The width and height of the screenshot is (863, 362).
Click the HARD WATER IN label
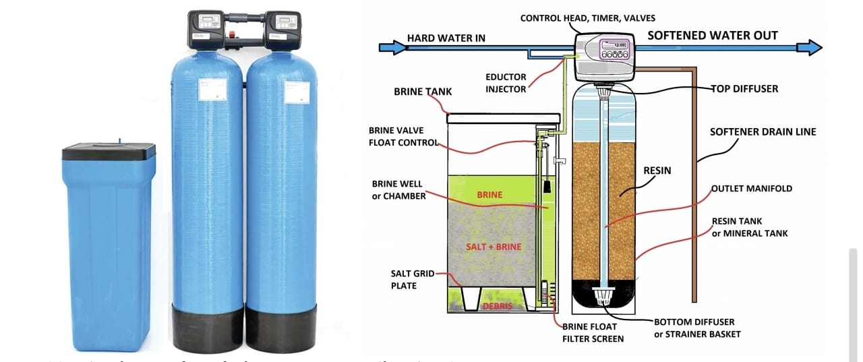(x=446, y=38)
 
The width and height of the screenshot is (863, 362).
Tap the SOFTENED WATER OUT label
(x=712, y=36)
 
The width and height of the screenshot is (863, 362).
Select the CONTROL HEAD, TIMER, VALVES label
(x=587, y=18)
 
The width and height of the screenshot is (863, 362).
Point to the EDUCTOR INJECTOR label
(x=506, y=84)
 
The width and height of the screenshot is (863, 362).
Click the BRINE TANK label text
(x=423, y=92)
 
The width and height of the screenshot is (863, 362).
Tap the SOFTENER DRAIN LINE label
(x=763, y=132)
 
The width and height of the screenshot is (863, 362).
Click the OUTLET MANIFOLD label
(x=752, y=189)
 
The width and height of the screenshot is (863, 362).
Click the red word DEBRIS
(x=498, y=307)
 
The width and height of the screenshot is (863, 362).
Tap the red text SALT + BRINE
(x=494, y=247)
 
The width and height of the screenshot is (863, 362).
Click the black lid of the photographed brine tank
(x=109, y=152)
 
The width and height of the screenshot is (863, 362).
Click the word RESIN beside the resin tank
(x=657, y=171)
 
